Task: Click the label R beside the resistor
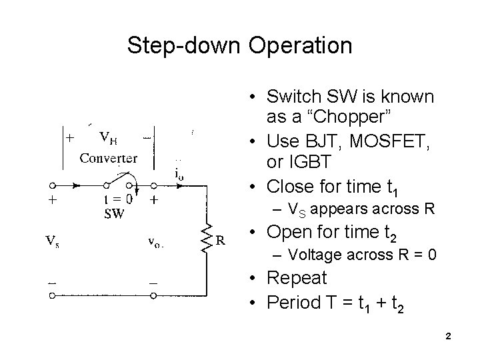pyautogui.click(x=219, y=239)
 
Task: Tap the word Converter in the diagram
pyautogui.click(x=109, y=158)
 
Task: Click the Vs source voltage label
pyautogui.click(x=53, y=242)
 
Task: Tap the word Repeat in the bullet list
pyautogui.click(x=297, y=277)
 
